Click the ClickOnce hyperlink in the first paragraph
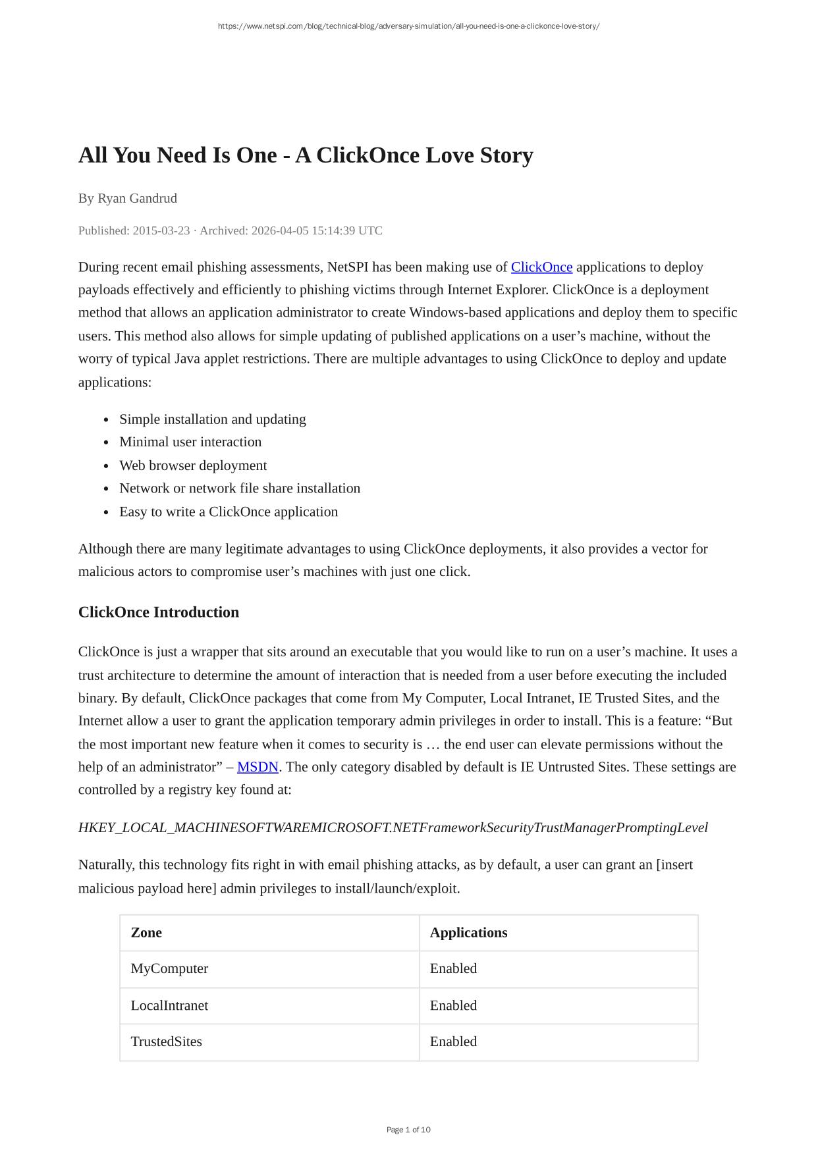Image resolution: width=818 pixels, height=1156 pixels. (x=541, y=267)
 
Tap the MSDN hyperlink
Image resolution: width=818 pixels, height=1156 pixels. (x=258, y=767)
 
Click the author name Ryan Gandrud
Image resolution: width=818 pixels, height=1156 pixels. (x=137, y=198)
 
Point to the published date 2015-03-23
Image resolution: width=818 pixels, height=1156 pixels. (x=161, y=230)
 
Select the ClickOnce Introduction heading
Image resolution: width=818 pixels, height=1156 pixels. (x=159, y=612)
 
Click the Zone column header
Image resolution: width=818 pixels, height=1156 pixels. (x=146, y=933)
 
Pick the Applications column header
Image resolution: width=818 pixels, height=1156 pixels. (x=468, y=933)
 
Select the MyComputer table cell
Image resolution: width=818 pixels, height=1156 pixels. (x=169, y=969)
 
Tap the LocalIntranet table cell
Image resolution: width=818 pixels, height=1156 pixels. (x=169, y=1006)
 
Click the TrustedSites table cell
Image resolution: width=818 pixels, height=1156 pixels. (x=167, y=1042)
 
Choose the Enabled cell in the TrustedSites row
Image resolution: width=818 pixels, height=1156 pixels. (x=453, y=1042)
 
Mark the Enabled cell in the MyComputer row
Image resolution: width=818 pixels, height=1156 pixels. (x=453, y=969)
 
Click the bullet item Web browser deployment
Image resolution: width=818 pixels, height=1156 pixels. (x=193, y=465)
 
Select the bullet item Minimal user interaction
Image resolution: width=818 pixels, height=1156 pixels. (x=190, y=442)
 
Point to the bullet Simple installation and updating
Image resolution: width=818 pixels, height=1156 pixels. (x=213, y=419)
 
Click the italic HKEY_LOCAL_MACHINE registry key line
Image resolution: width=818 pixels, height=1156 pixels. (x=393, y=828)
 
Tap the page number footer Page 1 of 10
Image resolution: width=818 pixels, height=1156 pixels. (x=408, y=1130)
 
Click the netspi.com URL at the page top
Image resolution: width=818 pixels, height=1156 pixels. (x=408, y=26)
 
